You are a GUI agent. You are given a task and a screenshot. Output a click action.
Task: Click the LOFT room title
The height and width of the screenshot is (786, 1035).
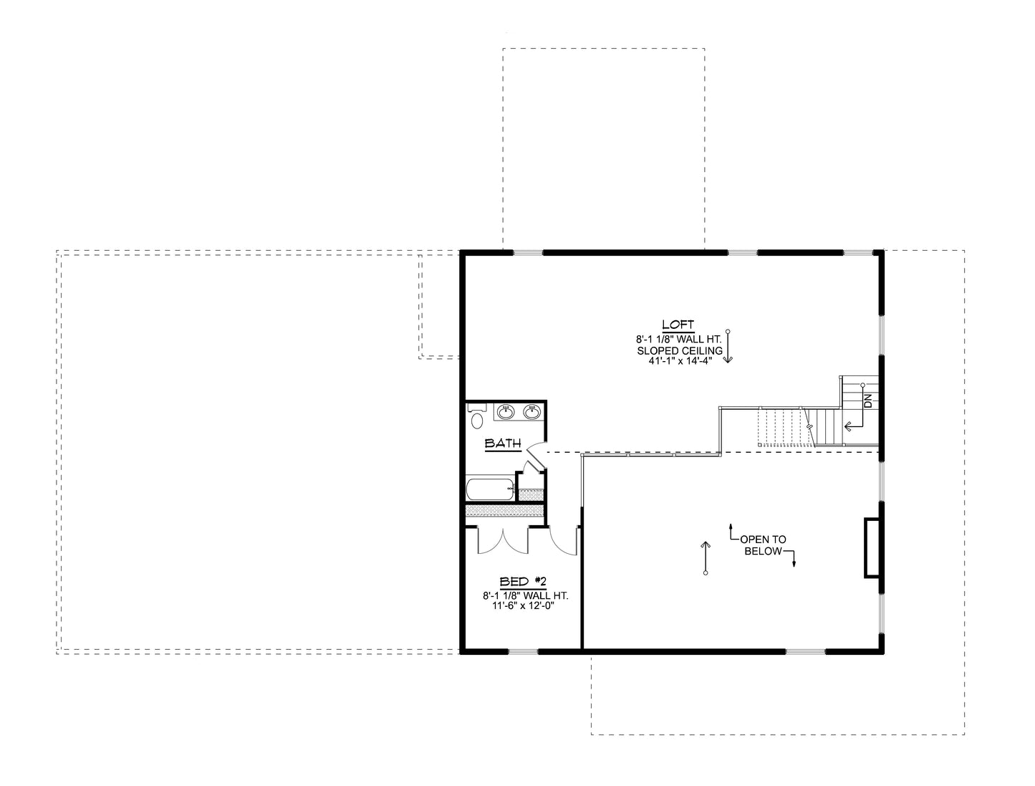click(x=678, y=325)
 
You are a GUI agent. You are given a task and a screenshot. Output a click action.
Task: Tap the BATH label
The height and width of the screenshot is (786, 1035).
click(x=503, y=444)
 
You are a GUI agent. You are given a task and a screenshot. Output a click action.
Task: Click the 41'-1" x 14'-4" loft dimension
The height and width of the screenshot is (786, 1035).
click(x=678, y=362)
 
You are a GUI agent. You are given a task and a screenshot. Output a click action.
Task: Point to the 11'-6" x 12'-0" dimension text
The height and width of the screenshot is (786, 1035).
click(x=524, y=605)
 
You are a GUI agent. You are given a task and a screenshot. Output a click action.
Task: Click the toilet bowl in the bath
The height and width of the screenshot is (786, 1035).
click(x=477, y=421)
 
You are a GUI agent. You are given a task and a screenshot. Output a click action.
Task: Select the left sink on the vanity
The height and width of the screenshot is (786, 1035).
click(x=506, y=411)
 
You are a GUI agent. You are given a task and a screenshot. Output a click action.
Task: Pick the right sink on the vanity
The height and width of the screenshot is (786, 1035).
click(x=531, y=411)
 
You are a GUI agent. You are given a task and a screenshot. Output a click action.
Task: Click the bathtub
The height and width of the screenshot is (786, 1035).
click(x=490, y=490)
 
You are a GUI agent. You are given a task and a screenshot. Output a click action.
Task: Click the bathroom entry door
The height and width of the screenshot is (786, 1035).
click(x=534, y=454)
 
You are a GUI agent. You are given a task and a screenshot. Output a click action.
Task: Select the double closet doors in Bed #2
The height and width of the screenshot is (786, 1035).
click(x=504, y=542)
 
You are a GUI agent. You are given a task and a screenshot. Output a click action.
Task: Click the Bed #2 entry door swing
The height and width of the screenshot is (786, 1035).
click(x=566, y=542)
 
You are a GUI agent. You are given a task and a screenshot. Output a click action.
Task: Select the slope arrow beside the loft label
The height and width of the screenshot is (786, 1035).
click(x=728, y=347)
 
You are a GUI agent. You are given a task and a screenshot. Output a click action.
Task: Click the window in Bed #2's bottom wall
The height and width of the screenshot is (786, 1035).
click(x=523, y=651)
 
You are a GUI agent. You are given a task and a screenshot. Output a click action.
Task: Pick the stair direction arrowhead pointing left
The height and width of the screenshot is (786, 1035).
click(x=848, y=426)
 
